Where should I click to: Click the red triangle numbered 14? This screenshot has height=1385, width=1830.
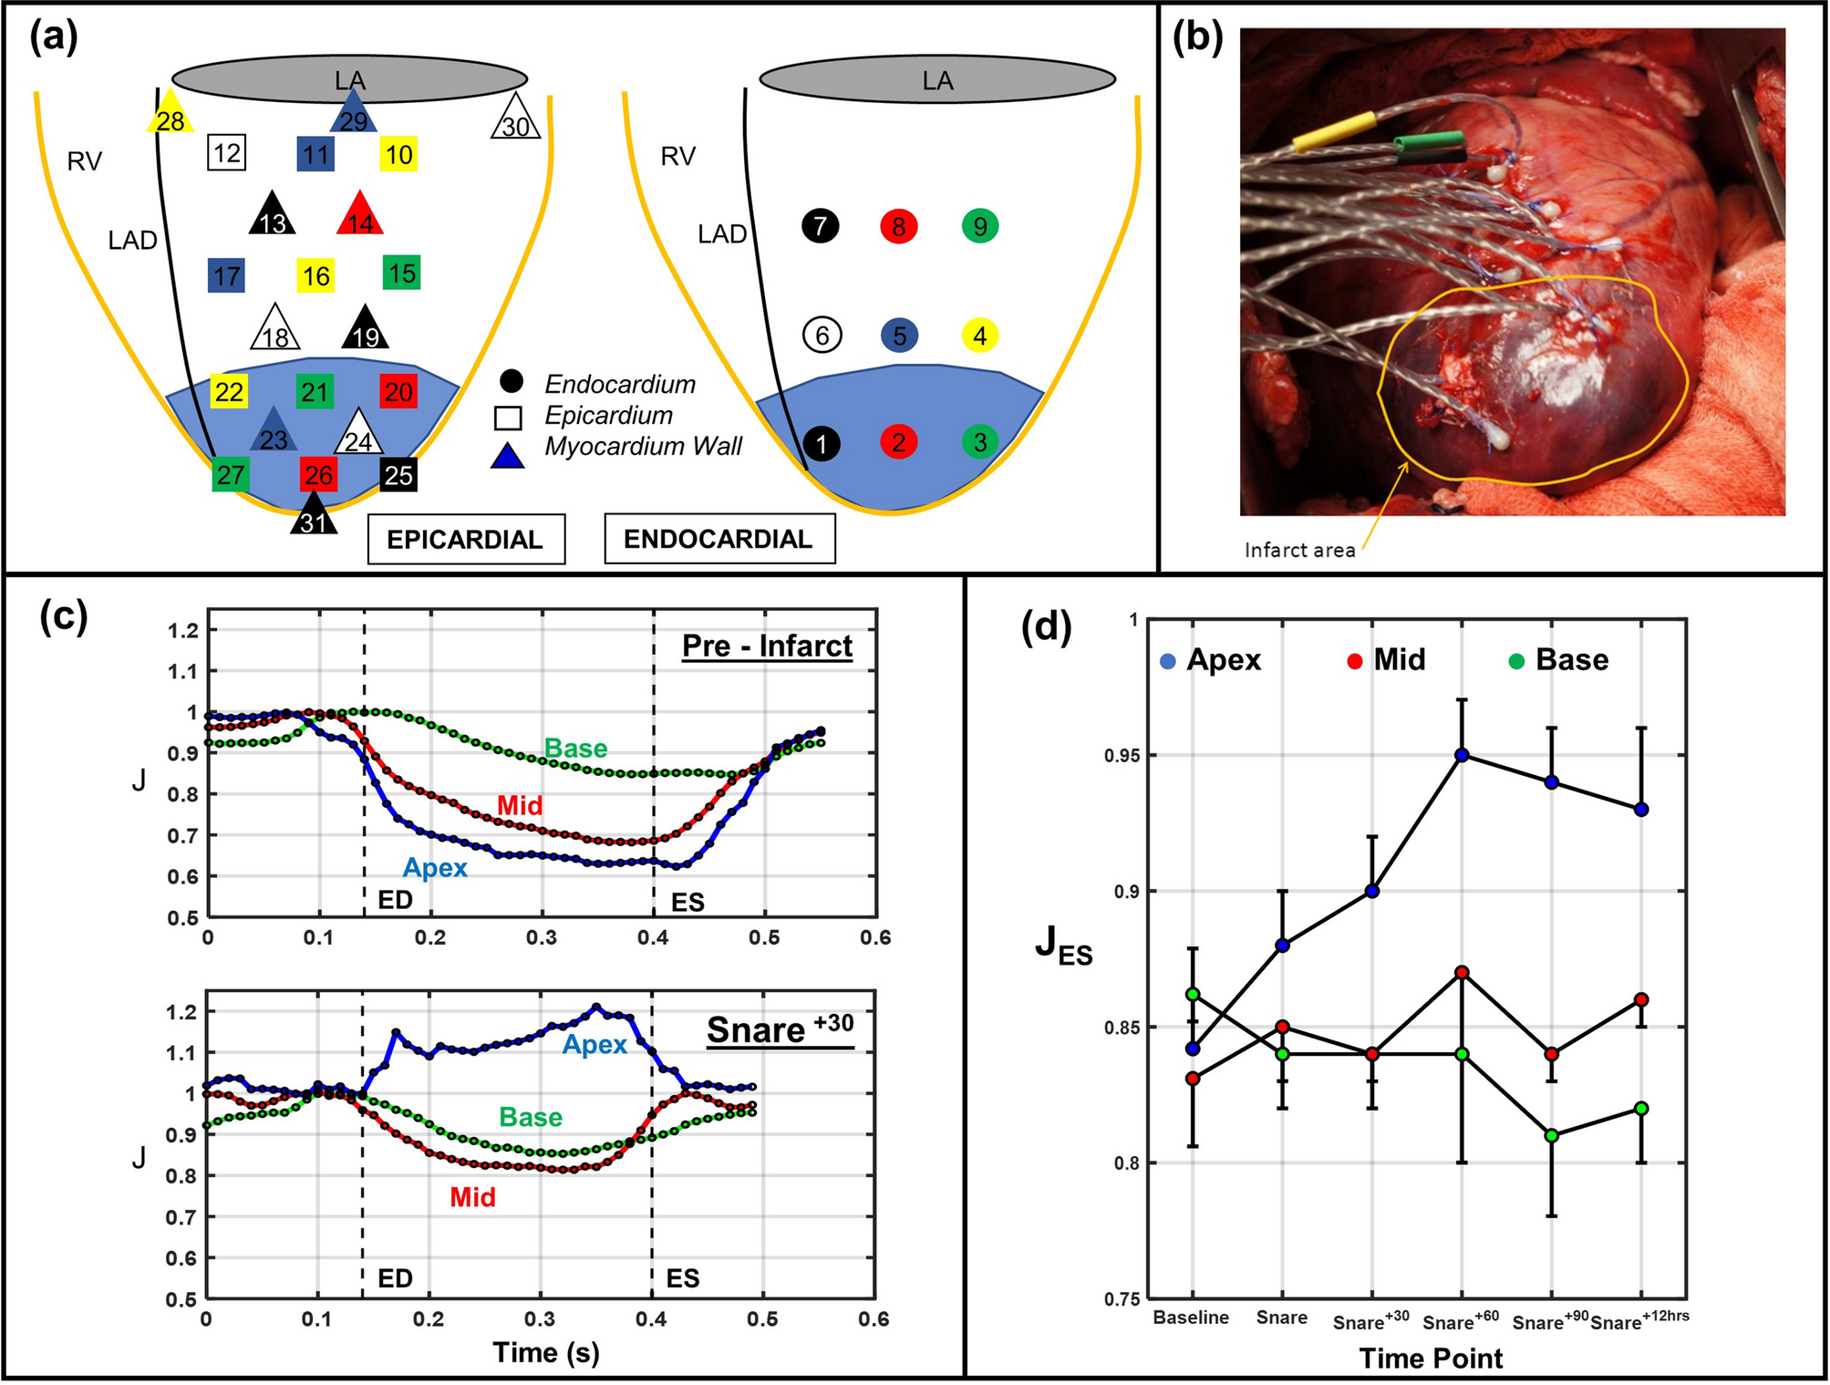[x=360, y=216]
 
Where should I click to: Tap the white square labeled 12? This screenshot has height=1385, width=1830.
[x=226, y=152]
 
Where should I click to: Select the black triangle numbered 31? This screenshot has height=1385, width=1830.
[x=314, y=516]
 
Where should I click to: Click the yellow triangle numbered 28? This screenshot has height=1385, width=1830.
[x=170, y=115]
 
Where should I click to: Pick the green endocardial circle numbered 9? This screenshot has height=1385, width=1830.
[x=979, y=226]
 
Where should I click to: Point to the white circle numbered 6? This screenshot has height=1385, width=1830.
[x=822, y=336]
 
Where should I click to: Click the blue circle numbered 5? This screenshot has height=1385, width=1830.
[x=899, y=336]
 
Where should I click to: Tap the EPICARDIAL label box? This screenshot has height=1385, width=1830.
[x=465, y=539]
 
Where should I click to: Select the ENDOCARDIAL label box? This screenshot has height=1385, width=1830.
[x=719, y=539]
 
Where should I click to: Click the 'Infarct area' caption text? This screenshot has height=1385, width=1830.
[x=1299, y=550]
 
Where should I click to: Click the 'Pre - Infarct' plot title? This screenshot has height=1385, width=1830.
[x=767, y=646]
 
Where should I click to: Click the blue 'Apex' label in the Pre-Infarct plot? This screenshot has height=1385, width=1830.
[x=435, y=867]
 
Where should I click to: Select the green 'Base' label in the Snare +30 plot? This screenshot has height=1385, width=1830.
[x=530, y=1117]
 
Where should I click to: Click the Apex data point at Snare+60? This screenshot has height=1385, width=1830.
[x=1462, y=755]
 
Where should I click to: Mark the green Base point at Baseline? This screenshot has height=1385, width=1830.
[x=1193, y=995]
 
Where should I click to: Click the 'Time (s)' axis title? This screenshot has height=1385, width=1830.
[x=545, y=1352]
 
